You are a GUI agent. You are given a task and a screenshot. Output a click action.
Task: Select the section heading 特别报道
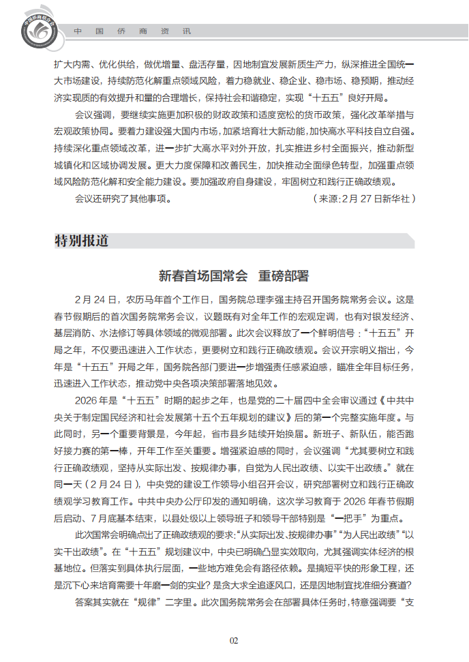click(81, 241)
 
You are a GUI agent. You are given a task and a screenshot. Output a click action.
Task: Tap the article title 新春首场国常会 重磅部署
click(234, 276)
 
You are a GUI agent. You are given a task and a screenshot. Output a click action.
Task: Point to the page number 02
click(234, 640)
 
